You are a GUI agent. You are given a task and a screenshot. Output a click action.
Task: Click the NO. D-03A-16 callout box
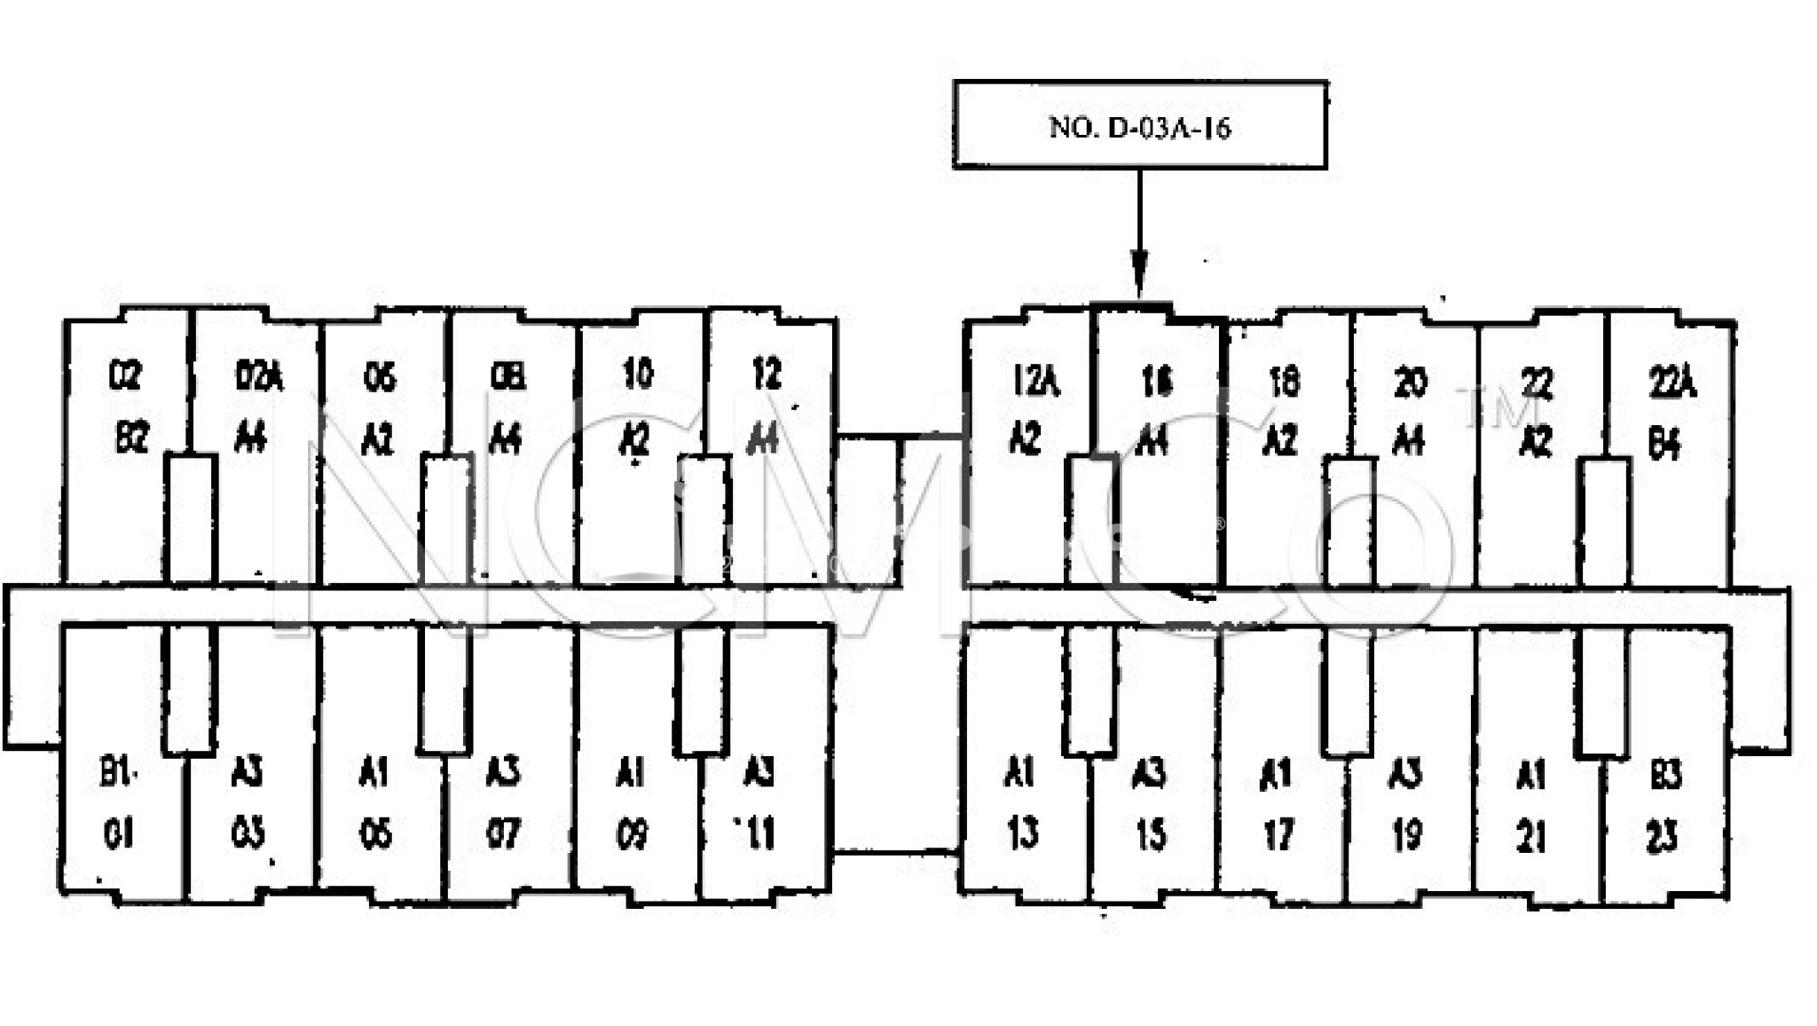[1140, 125]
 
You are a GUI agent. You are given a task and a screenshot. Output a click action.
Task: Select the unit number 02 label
[125, 376]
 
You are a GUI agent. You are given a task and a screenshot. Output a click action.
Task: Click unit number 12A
[1035, 381]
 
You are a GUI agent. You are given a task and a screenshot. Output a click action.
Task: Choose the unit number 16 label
[1156, 381]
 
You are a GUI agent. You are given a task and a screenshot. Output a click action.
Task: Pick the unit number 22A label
[1671, 383]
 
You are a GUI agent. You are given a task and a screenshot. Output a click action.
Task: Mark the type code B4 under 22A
[1664, 444]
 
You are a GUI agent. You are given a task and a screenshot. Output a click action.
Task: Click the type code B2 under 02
[132, 438]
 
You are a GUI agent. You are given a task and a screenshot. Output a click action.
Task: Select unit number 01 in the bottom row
[119, 834]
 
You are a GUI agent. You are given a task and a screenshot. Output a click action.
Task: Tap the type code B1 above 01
[117, 773]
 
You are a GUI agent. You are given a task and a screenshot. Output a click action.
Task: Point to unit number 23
[1662, 836]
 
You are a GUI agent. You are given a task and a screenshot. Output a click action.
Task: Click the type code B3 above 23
[1665, 775]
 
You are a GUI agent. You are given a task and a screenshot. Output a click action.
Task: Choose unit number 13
[1023, 834]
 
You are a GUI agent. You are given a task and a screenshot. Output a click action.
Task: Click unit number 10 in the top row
[638, 375]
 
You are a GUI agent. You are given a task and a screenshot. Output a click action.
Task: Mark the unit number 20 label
[1411, 383]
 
